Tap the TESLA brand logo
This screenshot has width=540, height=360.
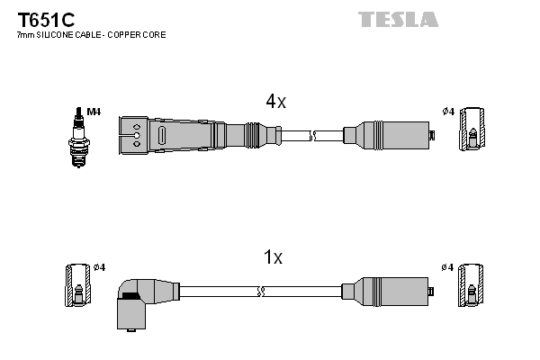[x=397, y=19]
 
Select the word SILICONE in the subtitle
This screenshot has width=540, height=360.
[x=58, y=35]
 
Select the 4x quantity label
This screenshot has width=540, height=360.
[x=274, y=102]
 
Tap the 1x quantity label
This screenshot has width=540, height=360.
[x=272, y=258]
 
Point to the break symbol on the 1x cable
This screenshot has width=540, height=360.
[x=260, y=292]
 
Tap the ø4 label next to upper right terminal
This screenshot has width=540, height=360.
[x=448, y=112]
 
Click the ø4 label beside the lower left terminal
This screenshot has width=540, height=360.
[x=99, y=267]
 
